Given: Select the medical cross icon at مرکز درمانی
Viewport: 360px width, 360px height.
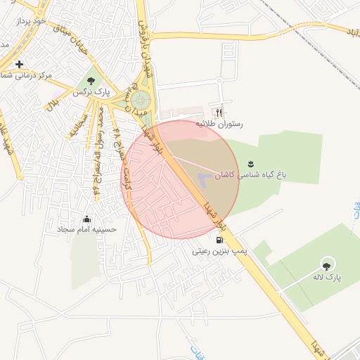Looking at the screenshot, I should click(19, 64).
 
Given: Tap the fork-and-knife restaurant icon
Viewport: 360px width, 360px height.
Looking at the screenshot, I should click(219, 112).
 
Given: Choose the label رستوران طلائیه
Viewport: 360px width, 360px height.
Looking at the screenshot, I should click(219, 124).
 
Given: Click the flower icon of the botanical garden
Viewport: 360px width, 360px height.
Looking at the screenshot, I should click(250, 164).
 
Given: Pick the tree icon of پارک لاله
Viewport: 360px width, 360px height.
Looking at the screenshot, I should click(326, 264).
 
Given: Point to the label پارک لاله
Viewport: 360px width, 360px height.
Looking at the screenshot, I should click(326, 277).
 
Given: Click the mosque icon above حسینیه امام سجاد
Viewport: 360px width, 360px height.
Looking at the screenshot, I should click(86, 218).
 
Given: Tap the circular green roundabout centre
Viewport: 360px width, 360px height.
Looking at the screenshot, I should click(141, 100).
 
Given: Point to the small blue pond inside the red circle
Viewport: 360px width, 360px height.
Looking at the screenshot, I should click(202, 179).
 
